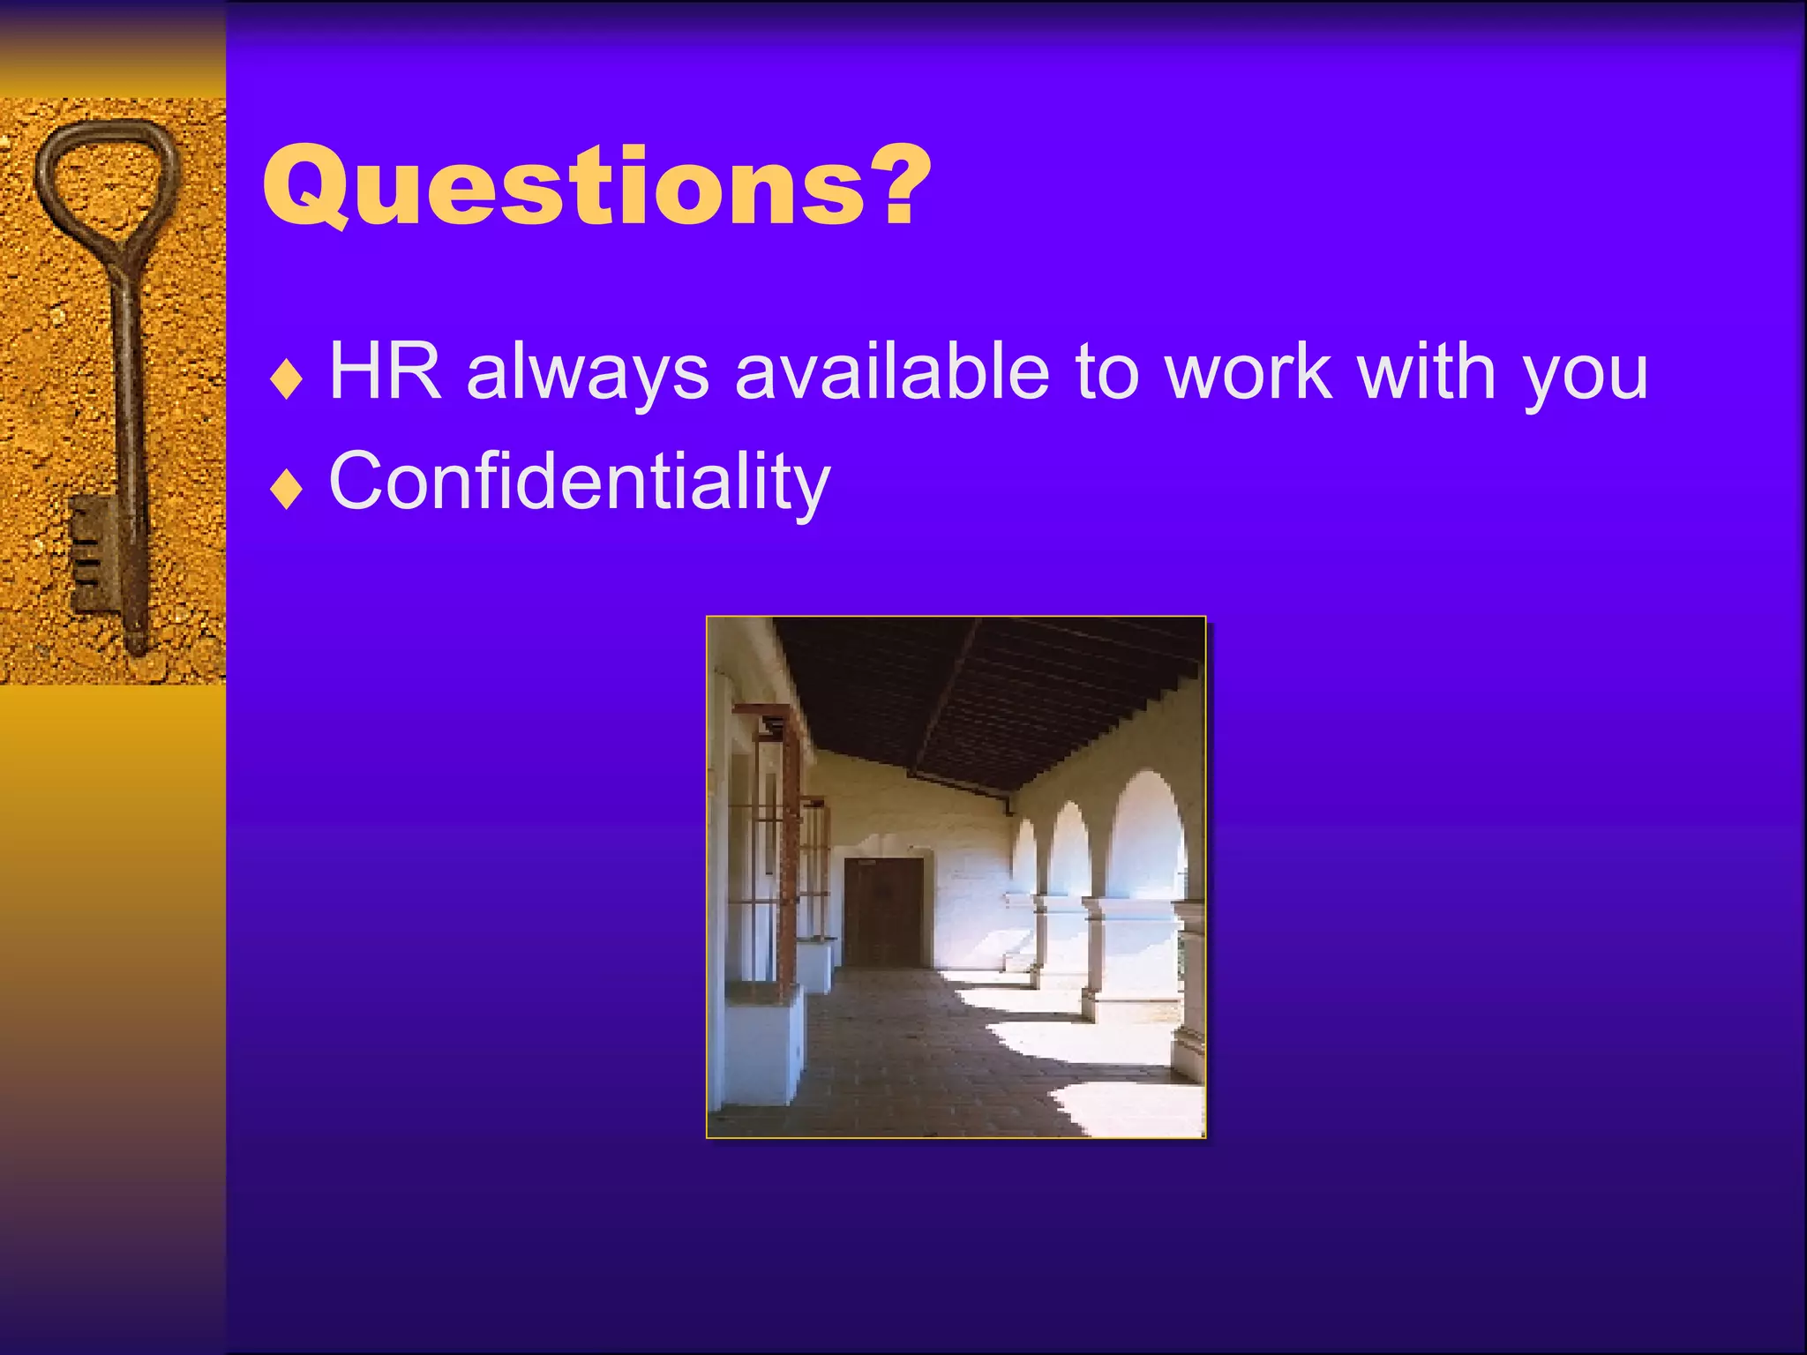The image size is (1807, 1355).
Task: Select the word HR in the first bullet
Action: tap(385, 372)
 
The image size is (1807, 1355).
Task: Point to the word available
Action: tap(892, 372)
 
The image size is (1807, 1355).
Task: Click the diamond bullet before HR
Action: tap(287, 381)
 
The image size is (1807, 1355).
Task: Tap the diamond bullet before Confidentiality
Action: tap(287, 490)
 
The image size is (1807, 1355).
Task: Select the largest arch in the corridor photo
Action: tap(1147, 838)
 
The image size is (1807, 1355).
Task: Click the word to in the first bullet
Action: tap(1106, 372)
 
